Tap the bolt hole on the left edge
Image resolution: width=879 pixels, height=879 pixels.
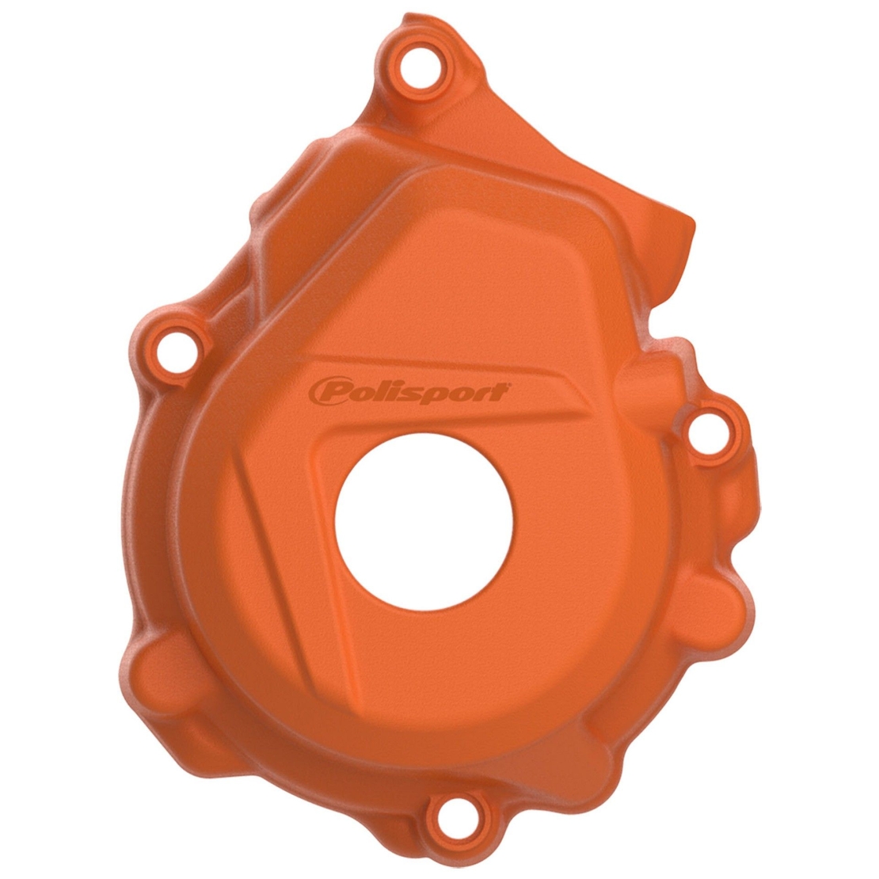click(x=177, y=345)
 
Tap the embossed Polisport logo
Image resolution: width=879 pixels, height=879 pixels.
click(x=408, y=390)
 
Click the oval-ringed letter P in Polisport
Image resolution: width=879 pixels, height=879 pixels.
click(x=327, y=390)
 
